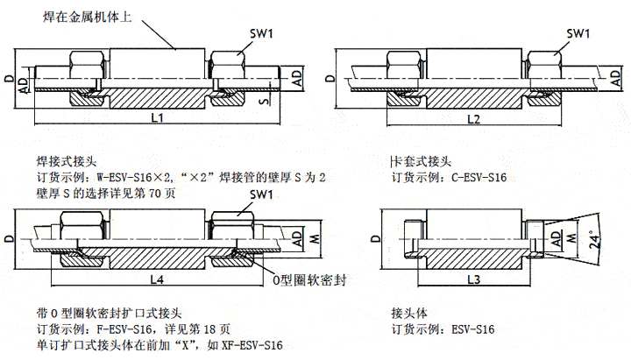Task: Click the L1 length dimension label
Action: (x=156, y=117)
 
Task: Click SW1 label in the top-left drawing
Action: (x=261, y=34)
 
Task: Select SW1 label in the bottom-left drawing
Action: (x=261, y=194)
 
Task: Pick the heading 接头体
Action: (x=408, y=313)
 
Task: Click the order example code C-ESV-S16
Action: (x=479, y=178)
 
